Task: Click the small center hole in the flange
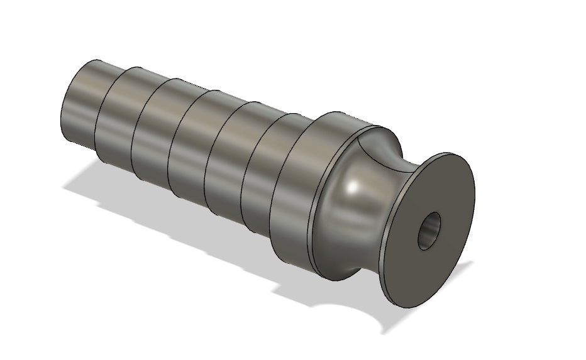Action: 431,231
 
